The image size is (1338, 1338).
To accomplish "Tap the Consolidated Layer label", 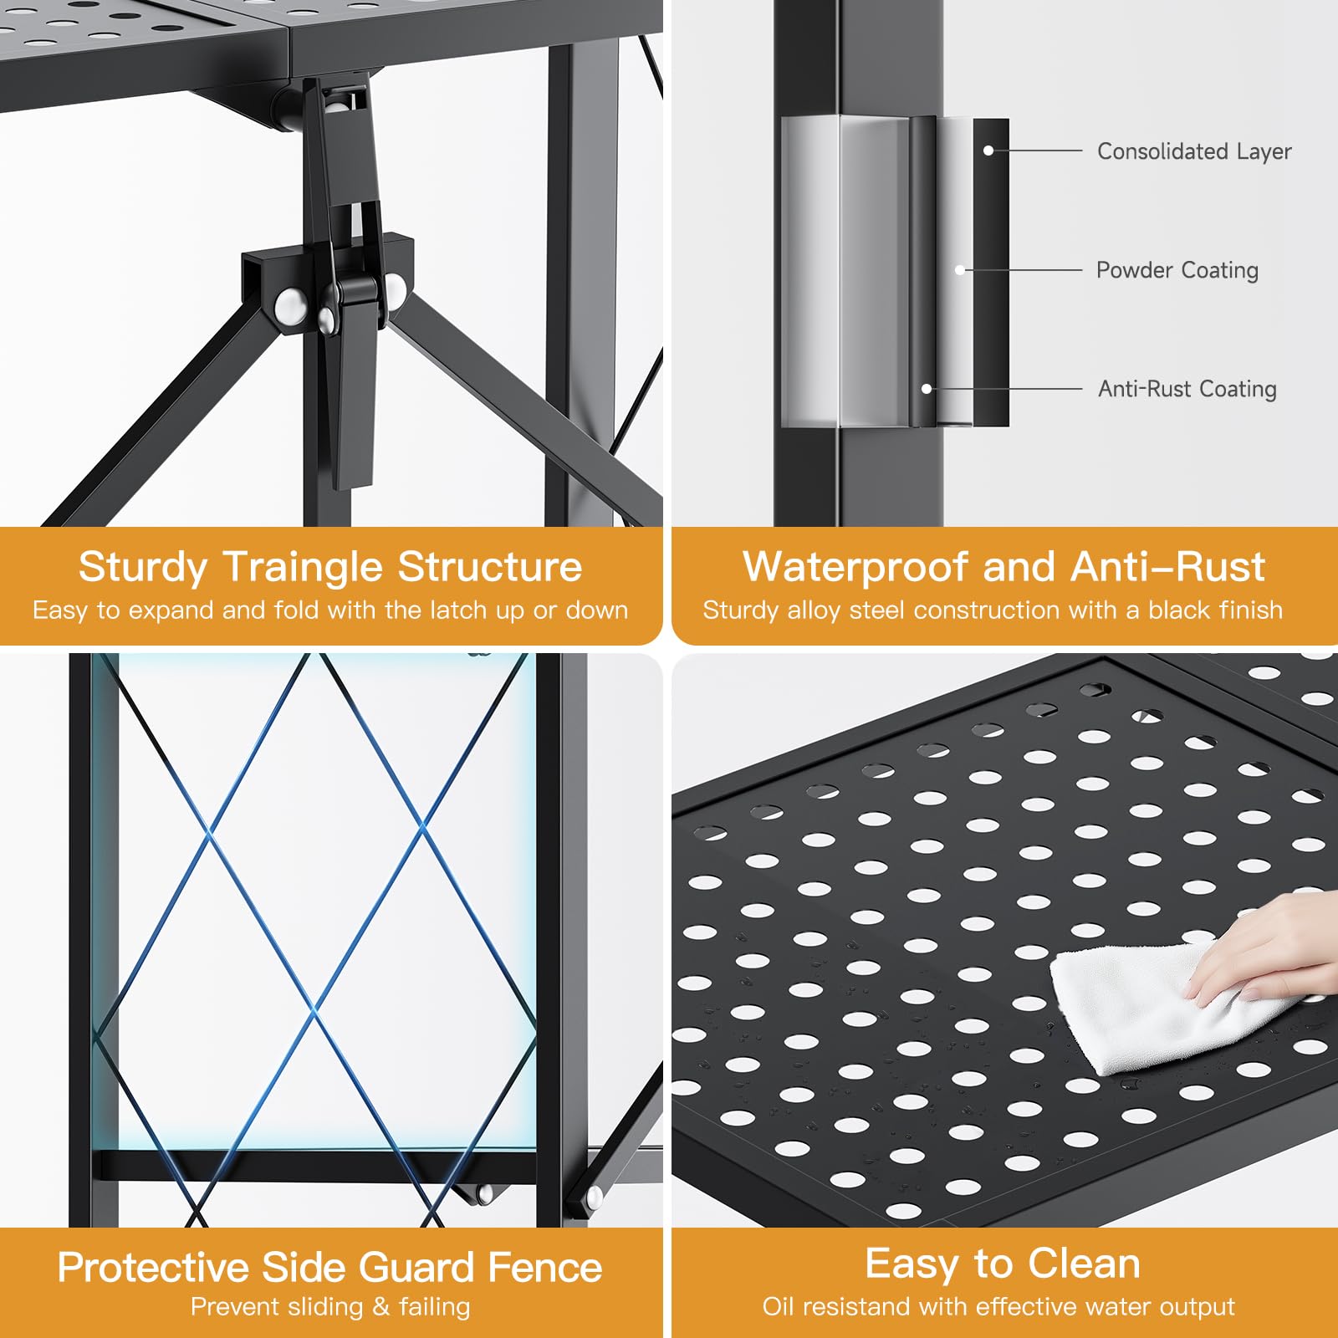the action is (x=1194, y=151).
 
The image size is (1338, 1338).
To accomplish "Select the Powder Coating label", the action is (x=1177, y=270).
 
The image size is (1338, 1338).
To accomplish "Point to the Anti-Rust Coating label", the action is (x=1187, y=389).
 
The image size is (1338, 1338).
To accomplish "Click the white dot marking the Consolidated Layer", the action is (x=988, y=151).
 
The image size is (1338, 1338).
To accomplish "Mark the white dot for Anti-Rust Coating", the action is (x=927, y=389).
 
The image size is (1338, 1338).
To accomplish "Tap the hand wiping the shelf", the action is (x=1263, y=949).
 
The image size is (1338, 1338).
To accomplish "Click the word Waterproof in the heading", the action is (x=855, y=568).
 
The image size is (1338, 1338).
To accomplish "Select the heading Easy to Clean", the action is (x=1003, y=1263).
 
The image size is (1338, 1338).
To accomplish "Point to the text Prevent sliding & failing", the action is (x=330, y=1306).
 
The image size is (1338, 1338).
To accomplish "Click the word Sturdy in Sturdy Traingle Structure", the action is (x=143, y=568).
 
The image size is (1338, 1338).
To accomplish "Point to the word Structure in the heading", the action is (x=490, y=568).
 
